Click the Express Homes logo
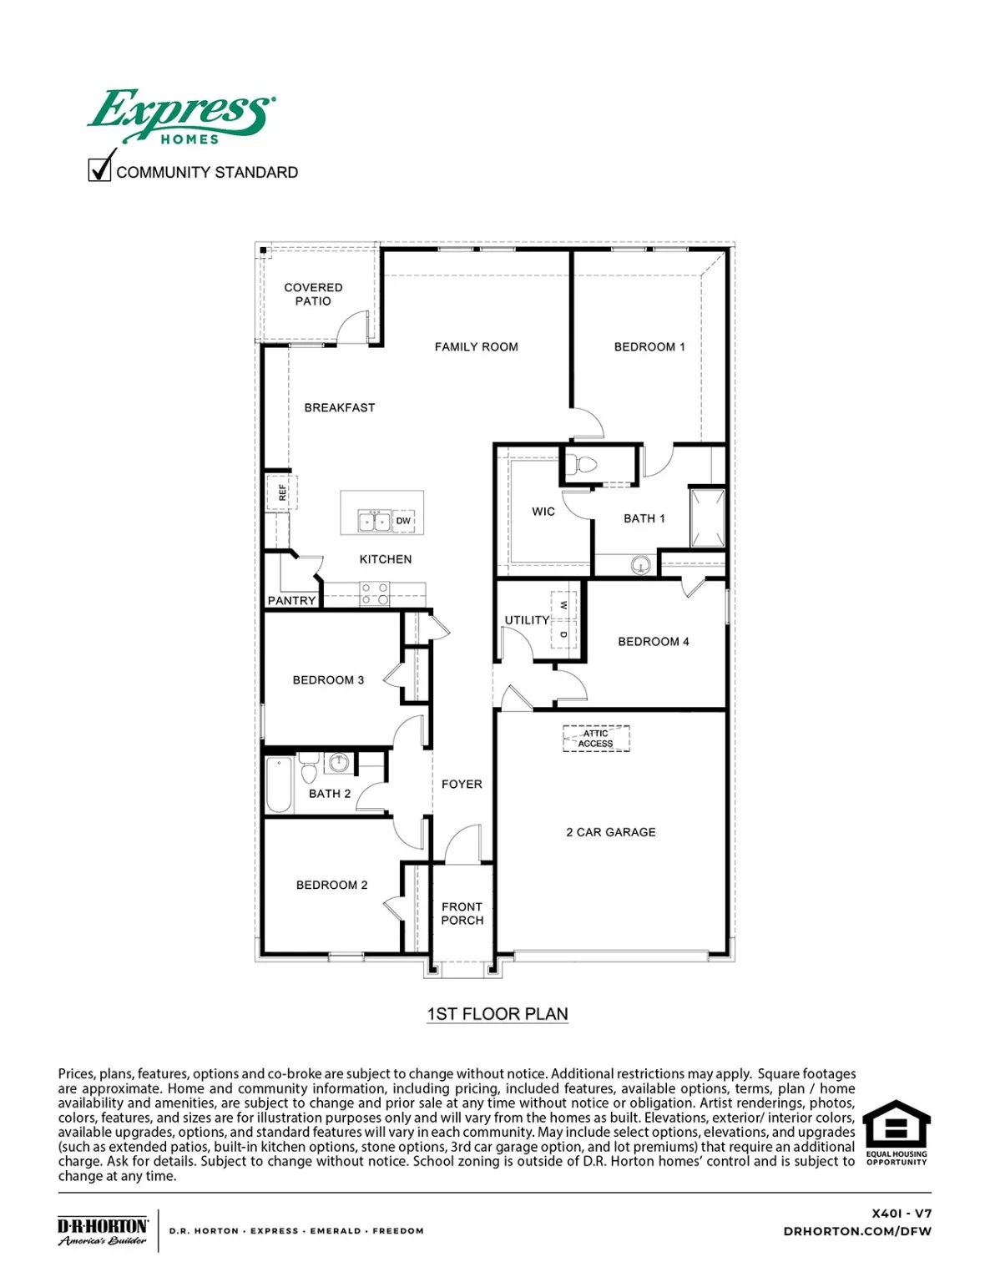coord(180,116)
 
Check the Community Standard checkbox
coord(99,170)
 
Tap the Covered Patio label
coord(313,294)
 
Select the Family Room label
coord(476,347)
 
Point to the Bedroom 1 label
coord(649,347)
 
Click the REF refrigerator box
coord(281,492)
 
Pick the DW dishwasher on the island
coord(403,521)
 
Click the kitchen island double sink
coord(374,521)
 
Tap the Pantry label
coord(291,600)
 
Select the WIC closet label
coord(543,512)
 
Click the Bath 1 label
coord(644,518)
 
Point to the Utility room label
coord(527,620)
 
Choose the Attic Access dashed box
coord(596,739)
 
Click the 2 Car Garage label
coord(611,832)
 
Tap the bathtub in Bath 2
coord(279,785)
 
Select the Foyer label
coord(462,785)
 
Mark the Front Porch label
coord(462,913)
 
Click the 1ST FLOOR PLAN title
coord(498,1014)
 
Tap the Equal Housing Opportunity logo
coord(896,1132)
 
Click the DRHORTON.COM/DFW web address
coord(857,1231)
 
